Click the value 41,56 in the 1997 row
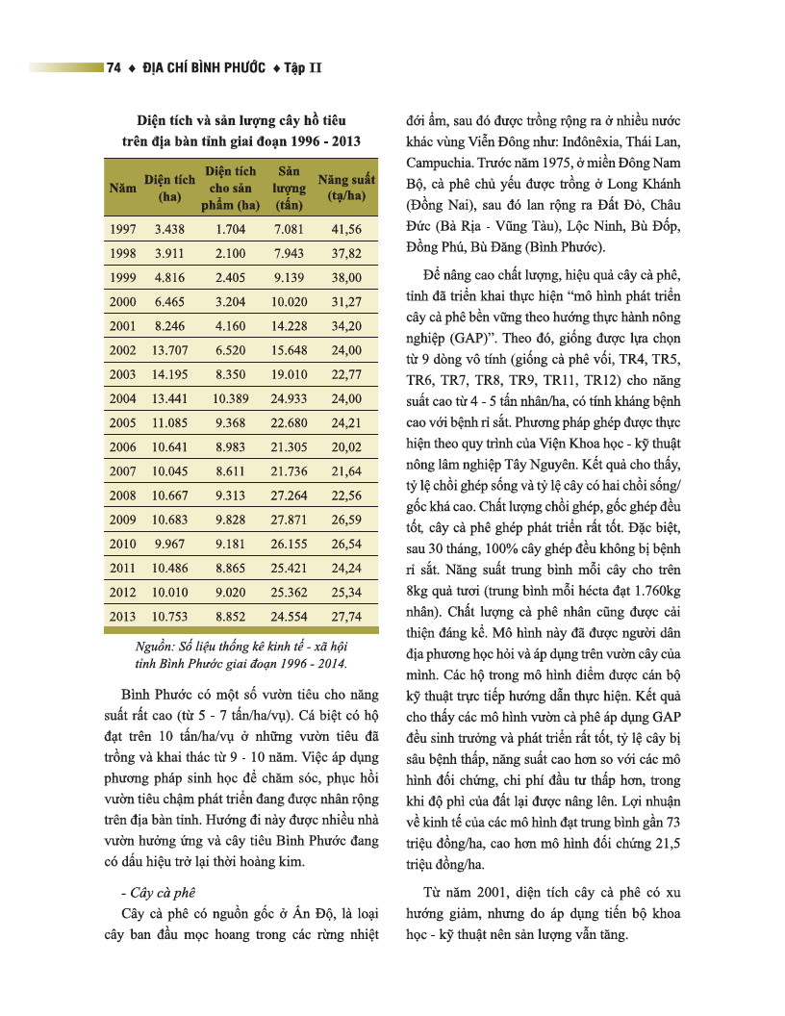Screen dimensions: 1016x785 [345, 229]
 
